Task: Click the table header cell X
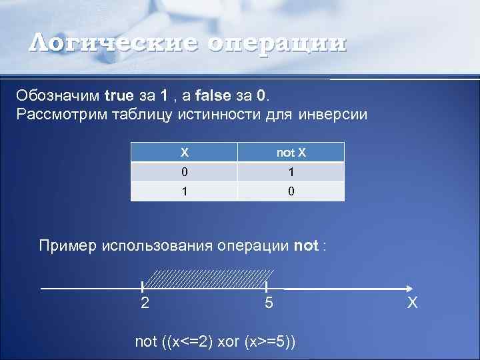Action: click(184, 153)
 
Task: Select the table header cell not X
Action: click(291, 153)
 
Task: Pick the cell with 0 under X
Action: click(184, 172)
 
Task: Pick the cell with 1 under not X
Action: click(291, 172)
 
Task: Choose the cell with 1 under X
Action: click(184, 192)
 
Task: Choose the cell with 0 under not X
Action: click(291, 192)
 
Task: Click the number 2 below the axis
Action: click(145, 303)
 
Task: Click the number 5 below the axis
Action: click(268, 303)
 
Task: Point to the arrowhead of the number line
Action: click(408, 288)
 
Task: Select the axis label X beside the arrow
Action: click(413, 304)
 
